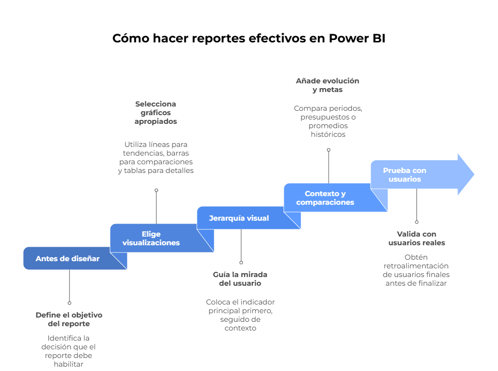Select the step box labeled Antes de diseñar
[68, 259]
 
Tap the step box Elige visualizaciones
[151, 238]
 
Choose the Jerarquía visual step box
[239, 218]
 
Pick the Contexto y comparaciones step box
[325, 198]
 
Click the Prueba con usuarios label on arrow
[404, 174]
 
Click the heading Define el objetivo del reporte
[69, 319]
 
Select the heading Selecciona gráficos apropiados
[155, 113]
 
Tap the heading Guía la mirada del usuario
[240, 278]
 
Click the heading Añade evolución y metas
[328, 85]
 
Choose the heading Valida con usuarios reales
[416, 238]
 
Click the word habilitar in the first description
[69, 364]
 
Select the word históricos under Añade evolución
[328, 134]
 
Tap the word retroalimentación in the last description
[416, 266]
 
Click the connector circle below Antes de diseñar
[69, 303]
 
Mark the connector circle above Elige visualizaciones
[156, 190]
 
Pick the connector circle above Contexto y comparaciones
[329, 150]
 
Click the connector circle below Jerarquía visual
[241, 263]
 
